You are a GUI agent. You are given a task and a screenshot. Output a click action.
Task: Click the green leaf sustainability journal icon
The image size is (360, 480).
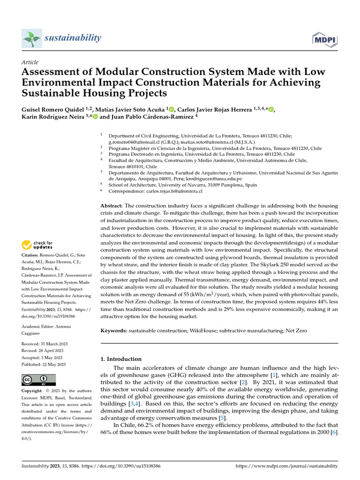point(31,38)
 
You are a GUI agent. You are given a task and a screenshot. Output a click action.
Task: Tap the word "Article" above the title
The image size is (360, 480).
point(30,62)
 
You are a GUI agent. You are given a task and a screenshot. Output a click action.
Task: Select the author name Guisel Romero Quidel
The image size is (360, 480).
point(58,109)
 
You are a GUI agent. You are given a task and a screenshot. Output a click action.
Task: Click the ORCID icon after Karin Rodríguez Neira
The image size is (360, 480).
point(96,117)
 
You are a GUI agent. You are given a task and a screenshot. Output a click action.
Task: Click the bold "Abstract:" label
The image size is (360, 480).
point(112,206)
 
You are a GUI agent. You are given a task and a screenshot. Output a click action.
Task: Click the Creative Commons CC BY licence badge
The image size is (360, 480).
point(38,380)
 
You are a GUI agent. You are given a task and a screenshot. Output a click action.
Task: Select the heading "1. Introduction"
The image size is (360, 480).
point(121,359)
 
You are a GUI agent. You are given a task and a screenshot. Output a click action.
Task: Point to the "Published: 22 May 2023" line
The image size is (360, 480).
point(44,364)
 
